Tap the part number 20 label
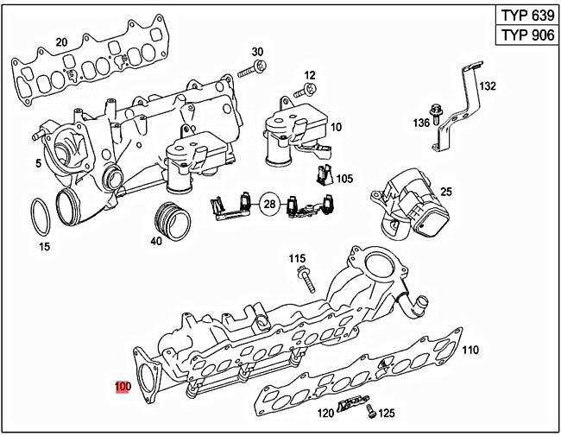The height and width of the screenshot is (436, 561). [x=61, y=42]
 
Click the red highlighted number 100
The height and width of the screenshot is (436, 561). [x=122, y=387]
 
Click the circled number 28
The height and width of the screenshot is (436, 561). [x=270, y=204]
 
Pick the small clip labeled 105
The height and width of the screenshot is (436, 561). [x=326, y=175]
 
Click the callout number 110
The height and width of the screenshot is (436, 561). [x=469, y=351]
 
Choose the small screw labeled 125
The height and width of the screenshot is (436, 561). [x=371, y=411]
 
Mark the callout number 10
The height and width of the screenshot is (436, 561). [x=336, y=127]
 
